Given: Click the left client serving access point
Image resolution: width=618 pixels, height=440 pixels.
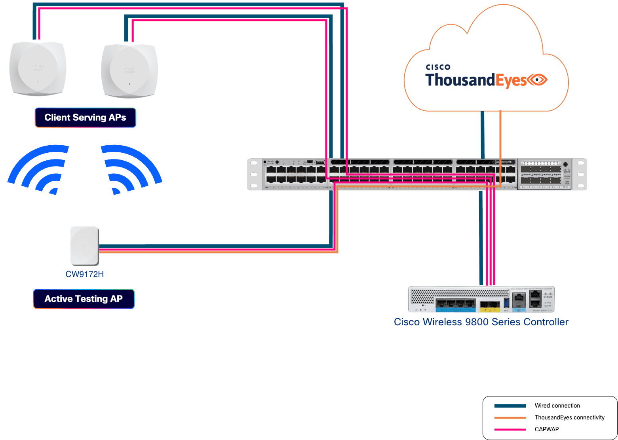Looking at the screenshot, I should pyautogui.click(x=38, y=69).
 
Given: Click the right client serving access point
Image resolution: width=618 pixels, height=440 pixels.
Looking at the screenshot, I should pyautogui.click(x=129, y=71).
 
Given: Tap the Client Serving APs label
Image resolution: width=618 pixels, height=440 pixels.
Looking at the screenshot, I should pyautogui.click(x=85, y=118).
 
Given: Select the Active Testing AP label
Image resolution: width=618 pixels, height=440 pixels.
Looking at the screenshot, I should pyautogui.click(x=84, y=299).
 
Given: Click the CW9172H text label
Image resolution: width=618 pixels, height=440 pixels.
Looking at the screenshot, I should pyautogui.click(x=84, y=274).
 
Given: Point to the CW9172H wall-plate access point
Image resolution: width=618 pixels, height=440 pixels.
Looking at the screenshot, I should pyautogui.click(x=84, y=246).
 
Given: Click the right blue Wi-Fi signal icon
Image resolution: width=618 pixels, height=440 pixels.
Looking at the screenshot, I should pyautogui.click(x=131, y=170).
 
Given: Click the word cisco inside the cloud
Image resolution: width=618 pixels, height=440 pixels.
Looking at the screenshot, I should pyautogui.click(x=438, y=67).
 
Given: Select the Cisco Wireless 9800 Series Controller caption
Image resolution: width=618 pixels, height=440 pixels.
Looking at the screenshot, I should pyautogui.click(x=481, y=322).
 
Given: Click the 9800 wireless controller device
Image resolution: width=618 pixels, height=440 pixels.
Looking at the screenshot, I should pyautogui.click(x=481, y=300).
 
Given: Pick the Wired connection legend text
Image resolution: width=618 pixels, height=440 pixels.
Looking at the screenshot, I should pyautogui.click(x=557, y=406).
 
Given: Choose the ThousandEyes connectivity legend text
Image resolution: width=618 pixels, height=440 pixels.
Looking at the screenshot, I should pyautogui.click(x=569, y=417).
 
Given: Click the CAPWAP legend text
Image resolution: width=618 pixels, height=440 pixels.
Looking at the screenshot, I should pyautogui.click(x=546, y=429).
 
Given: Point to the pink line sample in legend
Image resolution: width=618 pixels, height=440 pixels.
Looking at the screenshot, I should pyautogui.click(x=510, y=429).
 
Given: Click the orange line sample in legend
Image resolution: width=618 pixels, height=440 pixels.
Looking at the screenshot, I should pyautogui.click(x=510, y=417).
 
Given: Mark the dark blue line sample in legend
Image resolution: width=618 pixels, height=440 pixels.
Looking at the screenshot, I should pyautogui.click(x=510, y=406).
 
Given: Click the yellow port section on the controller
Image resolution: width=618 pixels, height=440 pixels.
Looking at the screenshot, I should pyautogui.click(x=490, y=305).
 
